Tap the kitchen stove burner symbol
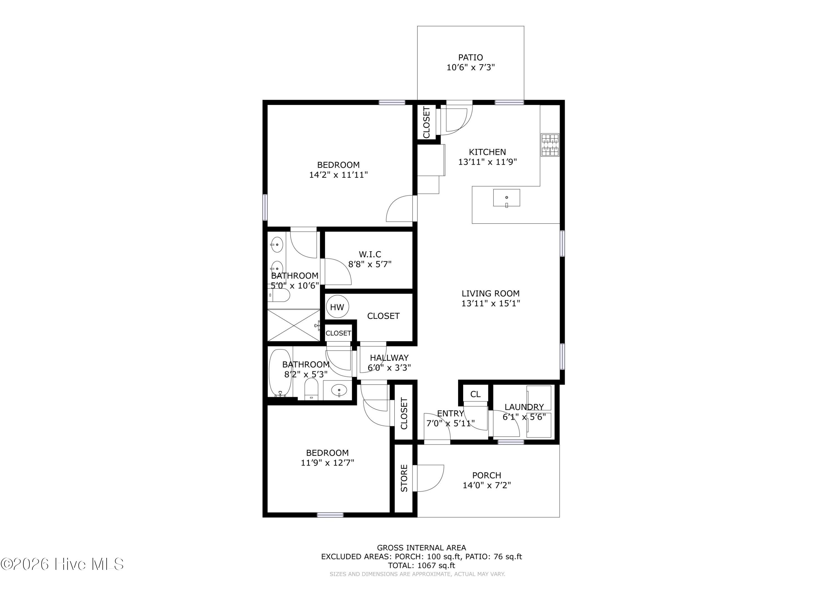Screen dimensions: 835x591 (550, 145)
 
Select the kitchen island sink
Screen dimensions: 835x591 (506, 198)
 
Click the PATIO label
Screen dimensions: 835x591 (471, 57)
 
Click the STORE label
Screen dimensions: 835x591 (404, 478)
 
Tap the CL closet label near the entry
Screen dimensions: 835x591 (475, 394)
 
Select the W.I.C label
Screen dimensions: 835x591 (370, 254)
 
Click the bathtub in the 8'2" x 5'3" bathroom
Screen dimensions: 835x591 (280, 373)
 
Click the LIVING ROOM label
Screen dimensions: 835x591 (491, 293)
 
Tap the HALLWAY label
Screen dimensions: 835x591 (389, 358)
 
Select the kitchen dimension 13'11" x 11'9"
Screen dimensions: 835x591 (487, 162)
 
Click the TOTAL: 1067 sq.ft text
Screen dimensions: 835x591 (421, 566)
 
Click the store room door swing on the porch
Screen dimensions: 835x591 (428, 478)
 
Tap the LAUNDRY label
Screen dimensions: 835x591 (524, 407)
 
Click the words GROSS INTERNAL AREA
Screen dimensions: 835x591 (421, 548)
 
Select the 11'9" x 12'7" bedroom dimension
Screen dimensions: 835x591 (327, 463)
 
